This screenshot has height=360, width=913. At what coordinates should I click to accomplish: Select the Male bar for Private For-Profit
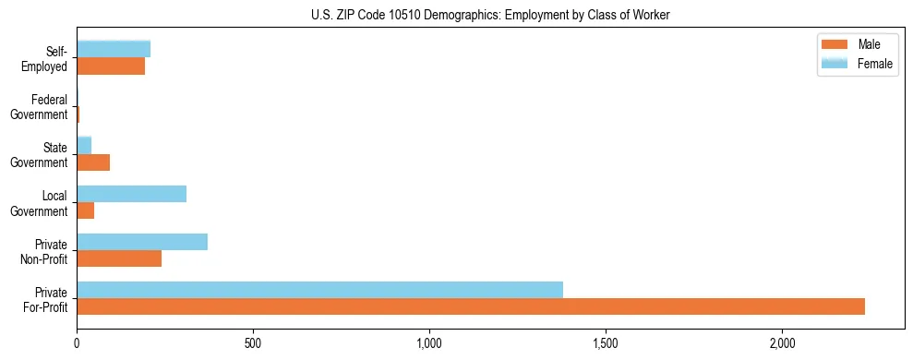471,306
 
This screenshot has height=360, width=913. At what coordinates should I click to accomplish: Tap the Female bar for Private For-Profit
319,290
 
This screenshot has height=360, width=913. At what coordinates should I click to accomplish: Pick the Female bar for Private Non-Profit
142,242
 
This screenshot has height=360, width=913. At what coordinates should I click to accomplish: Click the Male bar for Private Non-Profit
119,258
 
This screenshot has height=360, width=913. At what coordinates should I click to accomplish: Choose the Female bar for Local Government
132,194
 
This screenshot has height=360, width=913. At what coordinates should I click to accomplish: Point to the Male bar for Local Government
86,210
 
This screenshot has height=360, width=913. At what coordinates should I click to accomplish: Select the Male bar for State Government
93,162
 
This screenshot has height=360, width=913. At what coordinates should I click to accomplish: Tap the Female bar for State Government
84,146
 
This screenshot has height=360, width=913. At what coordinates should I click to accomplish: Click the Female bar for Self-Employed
114,50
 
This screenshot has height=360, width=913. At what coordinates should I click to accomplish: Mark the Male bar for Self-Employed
111,66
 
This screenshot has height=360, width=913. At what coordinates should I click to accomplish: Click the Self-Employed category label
46,59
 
